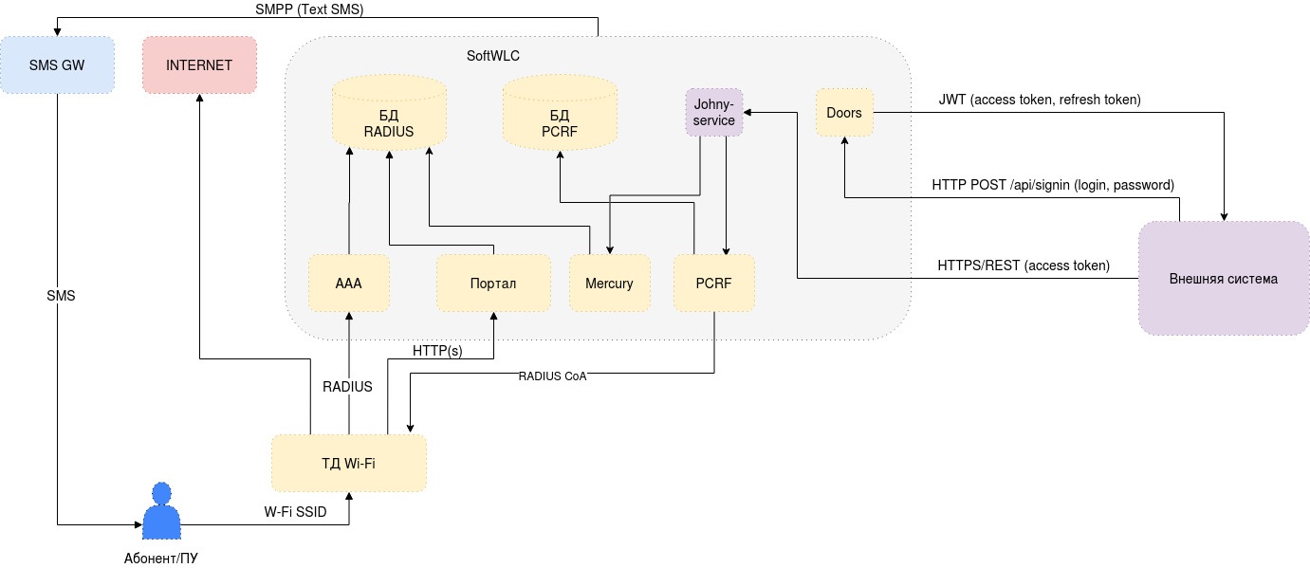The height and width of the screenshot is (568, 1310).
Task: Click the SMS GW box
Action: click(57, 64)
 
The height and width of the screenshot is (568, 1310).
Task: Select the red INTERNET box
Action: click(199, 64)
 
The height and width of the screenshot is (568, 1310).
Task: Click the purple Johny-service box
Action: click(714, 113)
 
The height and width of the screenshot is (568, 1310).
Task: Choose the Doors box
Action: click(844, 113)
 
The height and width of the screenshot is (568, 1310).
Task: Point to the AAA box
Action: click(349, 283)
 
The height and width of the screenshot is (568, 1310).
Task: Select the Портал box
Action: click(493, 283)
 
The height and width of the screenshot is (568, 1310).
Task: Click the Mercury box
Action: click(609, 283)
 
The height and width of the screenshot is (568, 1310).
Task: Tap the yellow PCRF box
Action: click(714, 283)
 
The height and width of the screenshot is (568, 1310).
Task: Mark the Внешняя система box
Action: click(1223, 279)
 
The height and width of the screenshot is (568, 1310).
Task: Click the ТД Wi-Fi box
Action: click(348, 463)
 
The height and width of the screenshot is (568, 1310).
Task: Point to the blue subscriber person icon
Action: click(161, 513)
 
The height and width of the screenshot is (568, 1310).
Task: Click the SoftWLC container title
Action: click(492, 56)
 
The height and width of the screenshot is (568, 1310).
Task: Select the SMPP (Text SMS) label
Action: click(309, 9)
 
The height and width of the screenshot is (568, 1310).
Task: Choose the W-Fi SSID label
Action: click(295, 512)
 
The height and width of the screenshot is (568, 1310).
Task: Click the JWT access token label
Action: click(1039, 100)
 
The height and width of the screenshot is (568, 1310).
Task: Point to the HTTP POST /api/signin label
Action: click(1053, 185)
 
